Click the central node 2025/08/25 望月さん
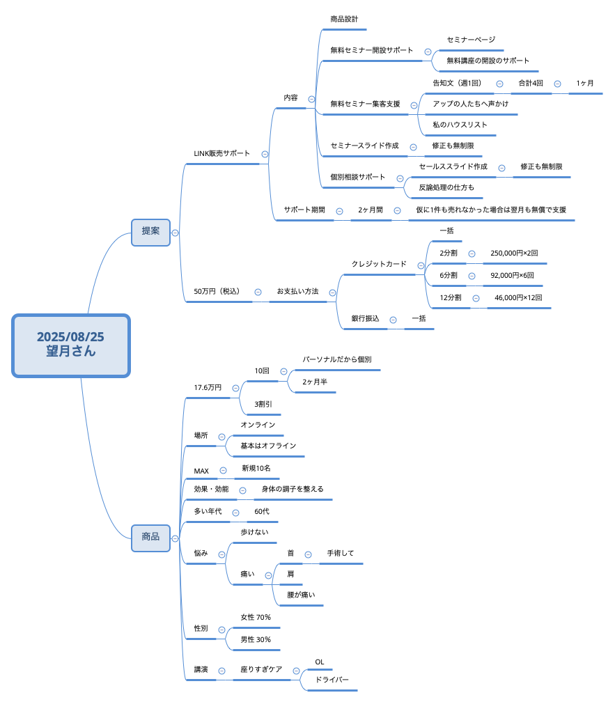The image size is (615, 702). (x=71, y=345)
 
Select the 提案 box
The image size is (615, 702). (x=151, y=233)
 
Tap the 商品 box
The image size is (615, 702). (x=151, y=538)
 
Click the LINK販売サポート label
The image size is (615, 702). (x=221, y=153)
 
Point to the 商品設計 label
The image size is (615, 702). (x=344, y=19)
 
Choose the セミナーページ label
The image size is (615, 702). (x=471, y=40)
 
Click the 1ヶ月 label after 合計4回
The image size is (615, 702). (x=584, y=84)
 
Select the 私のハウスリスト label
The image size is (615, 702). (x=460, y=125)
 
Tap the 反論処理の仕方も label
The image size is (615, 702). (x=446, y=187)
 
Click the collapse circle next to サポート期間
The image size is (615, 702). (x=339, y=211)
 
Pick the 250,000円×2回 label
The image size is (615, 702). (x=514, y=253)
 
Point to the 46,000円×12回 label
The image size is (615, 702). (x=518, y=298)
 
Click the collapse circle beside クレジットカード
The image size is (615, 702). (x=421, y=265)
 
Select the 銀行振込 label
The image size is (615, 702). (x=365, y=319)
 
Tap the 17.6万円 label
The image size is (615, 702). (x=208, y=388)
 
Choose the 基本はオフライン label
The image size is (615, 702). (x=268, y=446)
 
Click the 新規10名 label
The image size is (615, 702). (x=256, y=468)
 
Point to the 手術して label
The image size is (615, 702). (x=340, y=554)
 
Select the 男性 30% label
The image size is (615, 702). (x=256, y=640)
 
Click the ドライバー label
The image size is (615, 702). (x=332, y=680)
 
